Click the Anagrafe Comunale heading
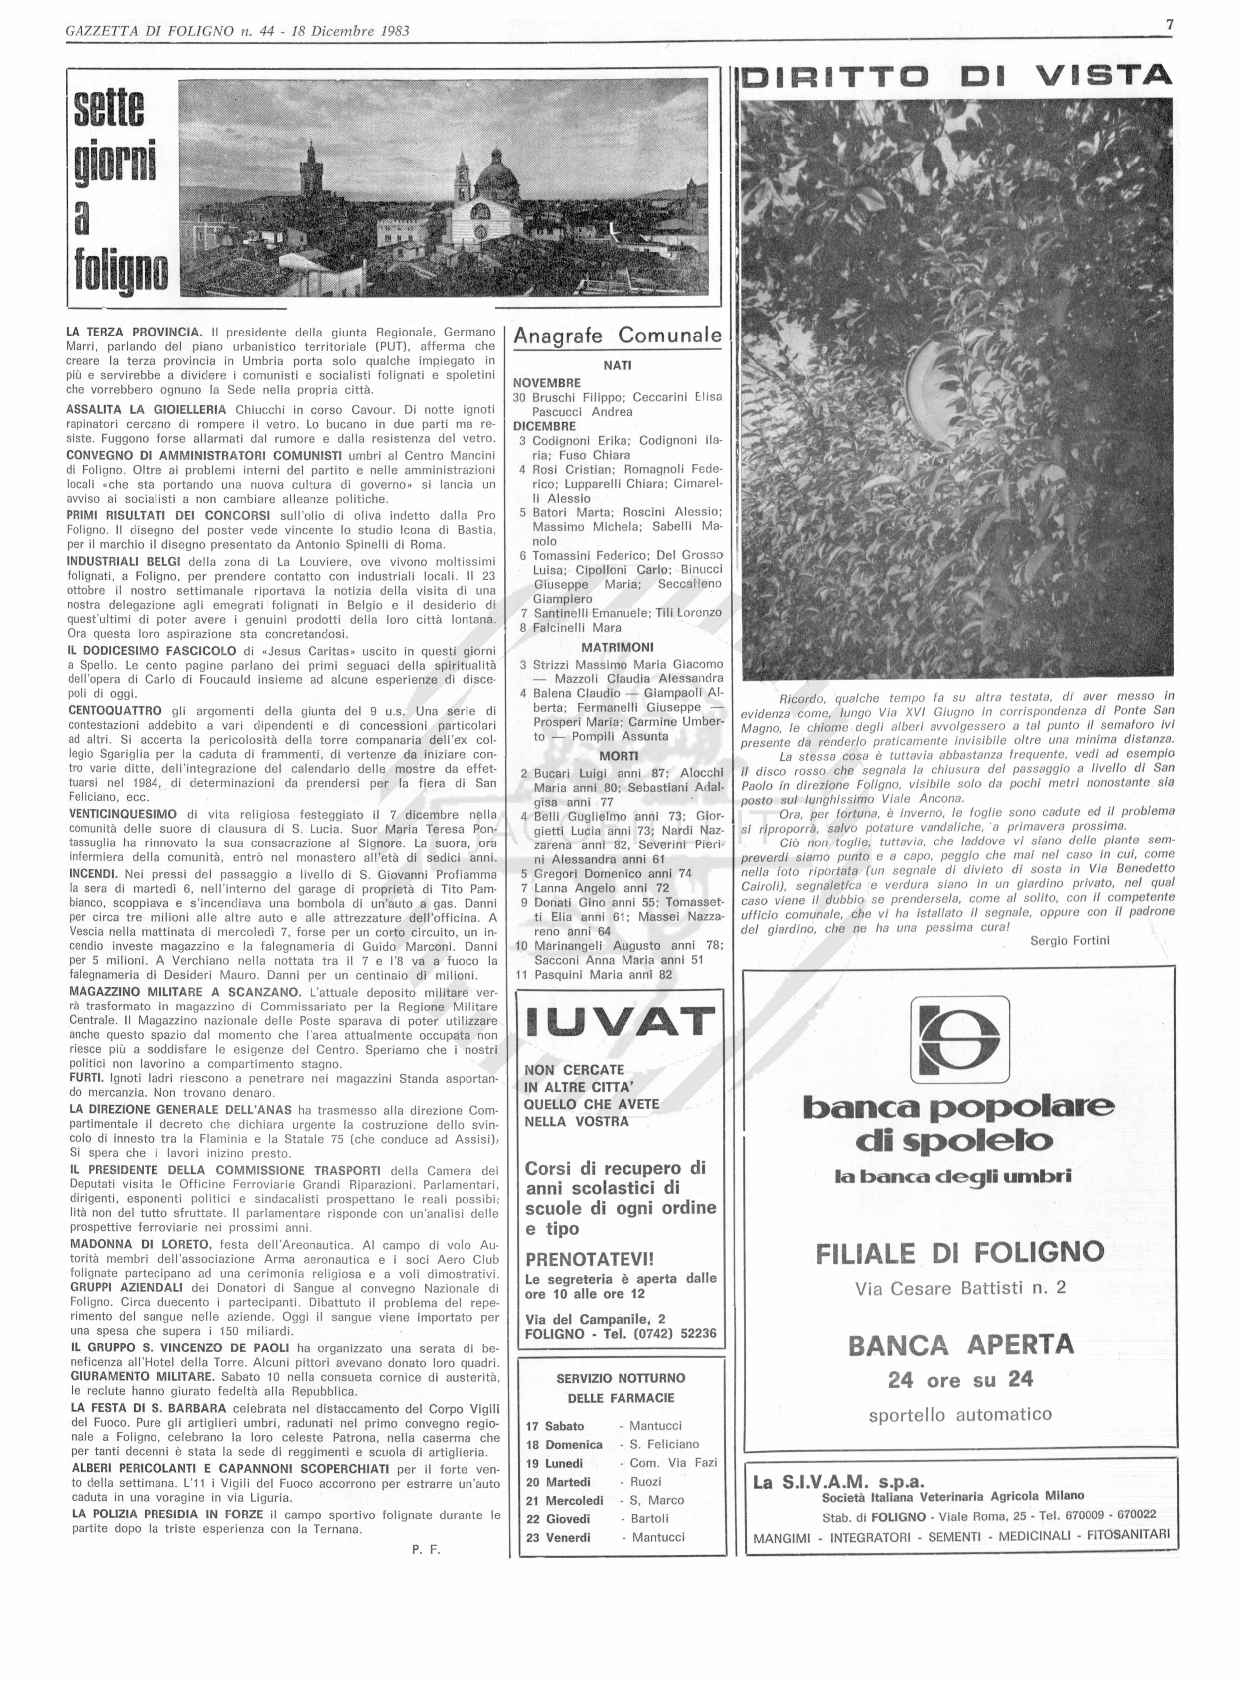[617, 336]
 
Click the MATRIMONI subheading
[617, 647]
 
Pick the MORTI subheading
[618, 756]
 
